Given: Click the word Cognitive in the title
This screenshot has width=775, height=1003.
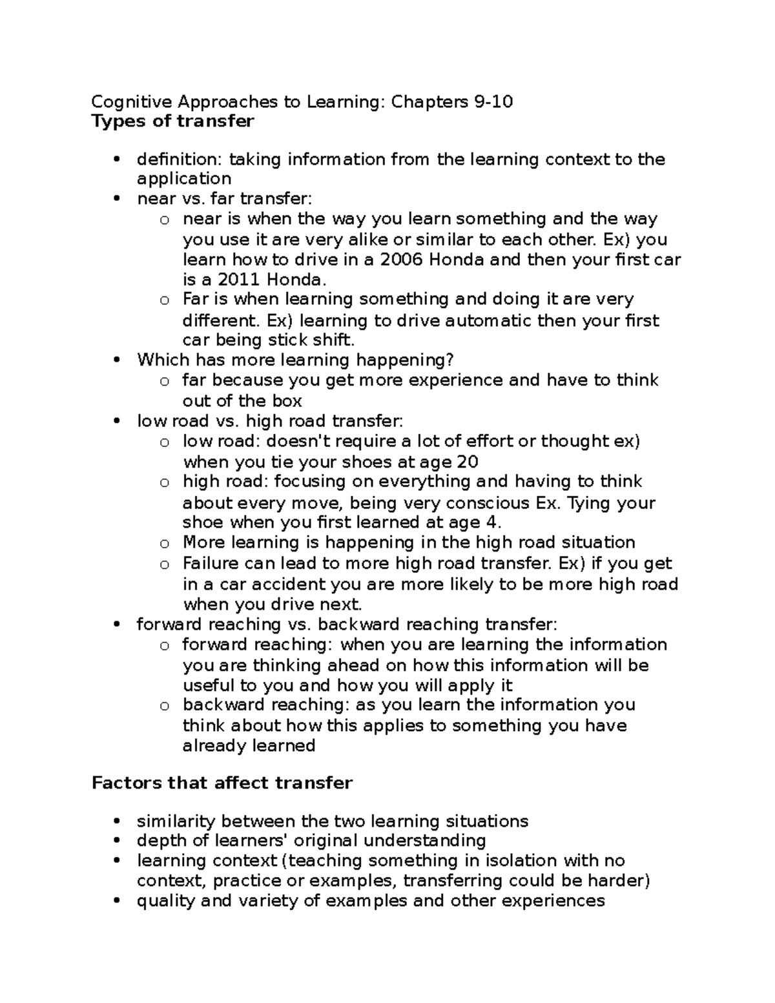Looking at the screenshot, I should tap(132, 101).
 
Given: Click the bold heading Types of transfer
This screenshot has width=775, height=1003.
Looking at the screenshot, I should tap(173, 121).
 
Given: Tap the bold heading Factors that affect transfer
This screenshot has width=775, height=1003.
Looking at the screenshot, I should tap(222, 783).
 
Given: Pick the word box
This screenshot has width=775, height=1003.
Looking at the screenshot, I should tap(287, 401).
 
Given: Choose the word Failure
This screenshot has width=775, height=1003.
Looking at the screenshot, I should tap(211, 564).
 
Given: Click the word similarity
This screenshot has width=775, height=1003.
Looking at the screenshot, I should tap(176, 822).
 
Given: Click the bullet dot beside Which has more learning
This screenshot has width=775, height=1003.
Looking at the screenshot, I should tap(116, 360).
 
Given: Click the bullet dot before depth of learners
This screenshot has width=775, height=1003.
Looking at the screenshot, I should tap(116, 841).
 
